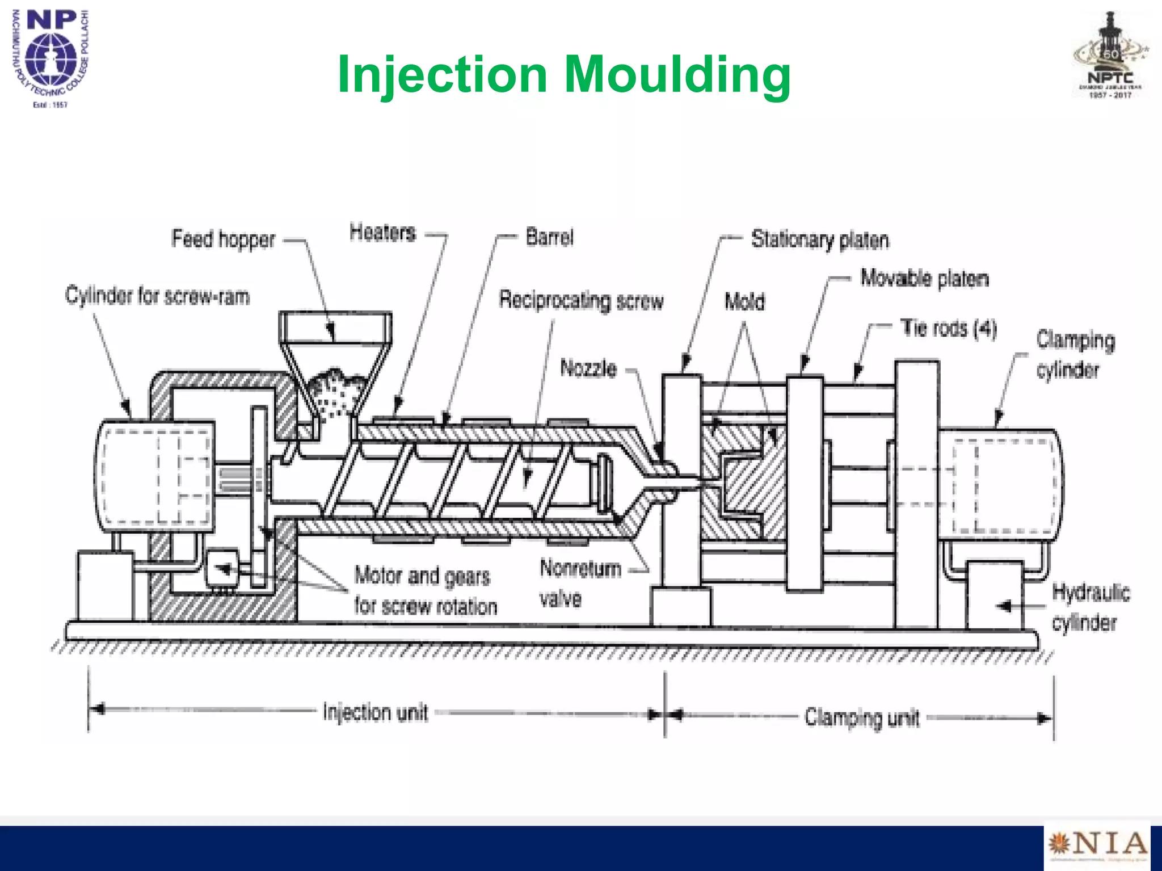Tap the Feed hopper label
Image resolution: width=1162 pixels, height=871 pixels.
click(x=223, y=239)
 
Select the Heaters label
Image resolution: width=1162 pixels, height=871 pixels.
click(x=382, y=232)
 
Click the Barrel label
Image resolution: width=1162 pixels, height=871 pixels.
click(x=549, y=237)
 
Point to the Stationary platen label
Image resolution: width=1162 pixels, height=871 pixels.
click(x=820, y=240)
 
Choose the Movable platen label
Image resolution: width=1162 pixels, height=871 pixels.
click(x=924, y=278)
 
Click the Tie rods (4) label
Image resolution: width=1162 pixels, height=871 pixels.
click(x=949, y=328)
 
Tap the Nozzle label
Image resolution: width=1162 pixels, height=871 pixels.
click(x=588, y=368)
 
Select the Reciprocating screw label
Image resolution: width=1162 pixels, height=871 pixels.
click(x=581, y=300)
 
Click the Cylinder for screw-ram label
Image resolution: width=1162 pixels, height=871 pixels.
click(x=158, y=296)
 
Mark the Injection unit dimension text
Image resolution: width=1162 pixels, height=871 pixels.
click(x=375, y=712)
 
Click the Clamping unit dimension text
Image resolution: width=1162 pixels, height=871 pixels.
click(x=861, y=717)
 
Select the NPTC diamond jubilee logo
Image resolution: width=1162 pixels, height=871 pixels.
click(x=1110, y=57)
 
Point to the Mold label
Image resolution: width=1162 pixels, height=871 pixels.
click(x=744, y=302)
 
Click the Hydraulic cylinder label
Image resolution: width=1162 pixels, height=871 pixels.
click(x=1089, y=607)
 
